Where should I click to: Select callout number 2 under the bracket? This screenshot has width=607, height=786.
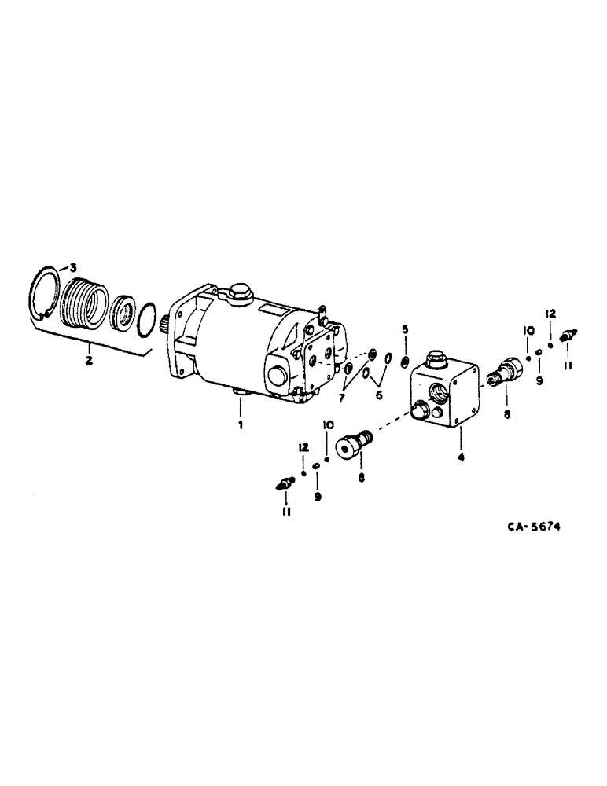(89, 361)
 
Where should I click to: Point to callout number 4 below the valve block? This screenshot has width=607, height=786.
(460, 454)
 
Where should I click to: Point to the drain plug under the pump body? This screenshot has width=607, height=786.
(240, 391)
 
